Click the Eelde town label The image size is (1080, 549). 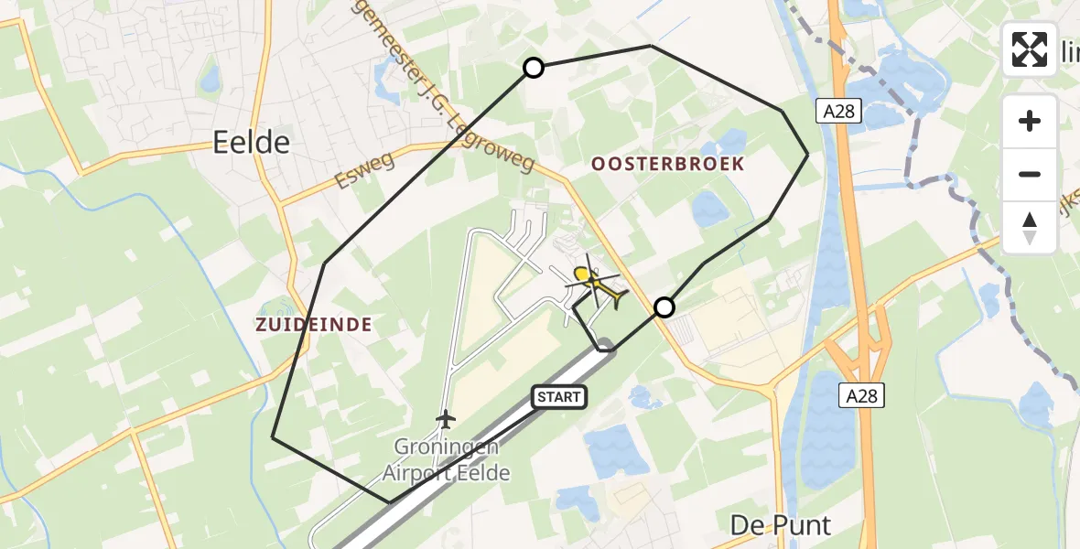251,142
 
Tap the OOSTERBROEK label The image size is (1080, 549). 667,164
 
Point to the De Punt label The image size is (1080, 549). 781,525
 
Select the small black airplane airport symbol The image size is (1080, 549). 446,419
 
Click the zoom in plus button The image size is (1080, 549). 1030,121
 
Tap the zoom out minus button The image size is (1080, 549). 1030,174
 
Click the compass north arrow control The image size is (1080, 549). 1030,227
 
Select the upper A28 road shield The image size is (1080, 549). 831,111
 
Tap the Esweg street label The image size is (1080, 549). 364,170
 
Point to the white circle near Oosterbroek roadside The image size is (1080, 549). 664,307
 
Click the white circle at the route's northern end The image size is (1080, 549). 533,67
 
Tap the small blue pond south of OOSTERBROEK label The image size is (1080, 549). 710,210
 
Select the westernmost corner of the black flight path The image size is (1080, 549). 273,437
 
